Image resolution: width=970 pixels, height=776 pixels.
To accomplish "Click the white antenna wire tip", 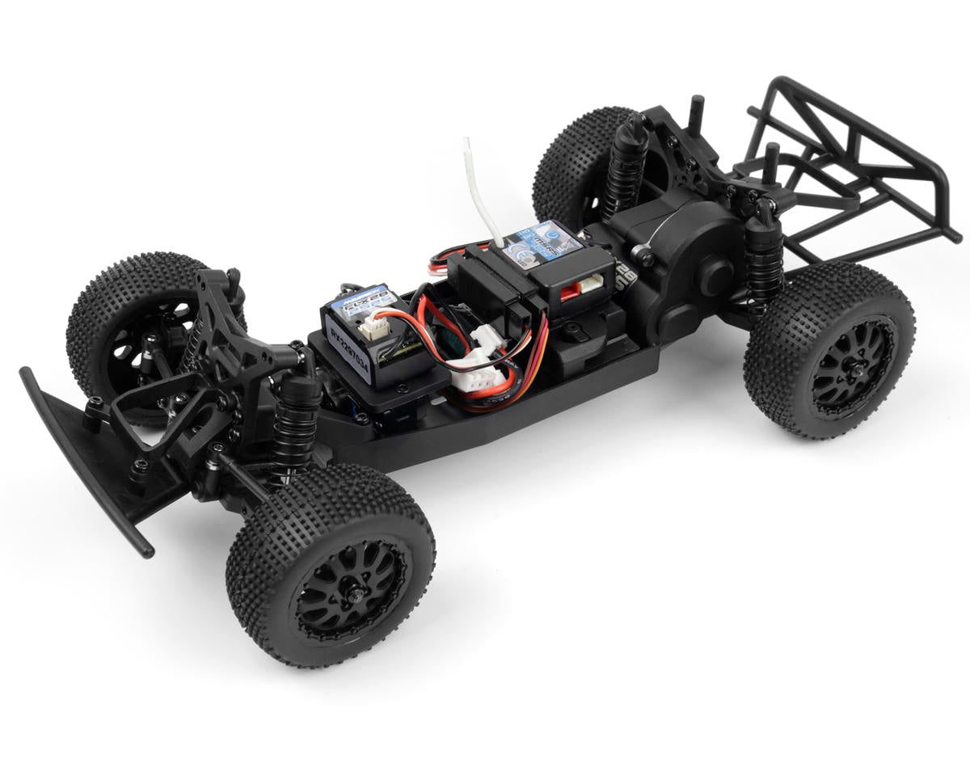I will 468,145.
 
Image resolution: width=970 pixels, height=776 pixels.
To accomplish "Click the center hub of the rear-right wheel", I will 852,368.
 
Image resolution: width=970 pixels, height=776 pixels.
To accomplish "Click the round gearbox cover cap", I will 715,276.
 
